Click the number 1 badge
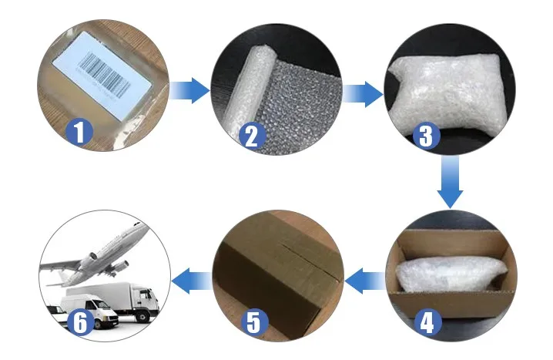(x=79, y=132)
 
